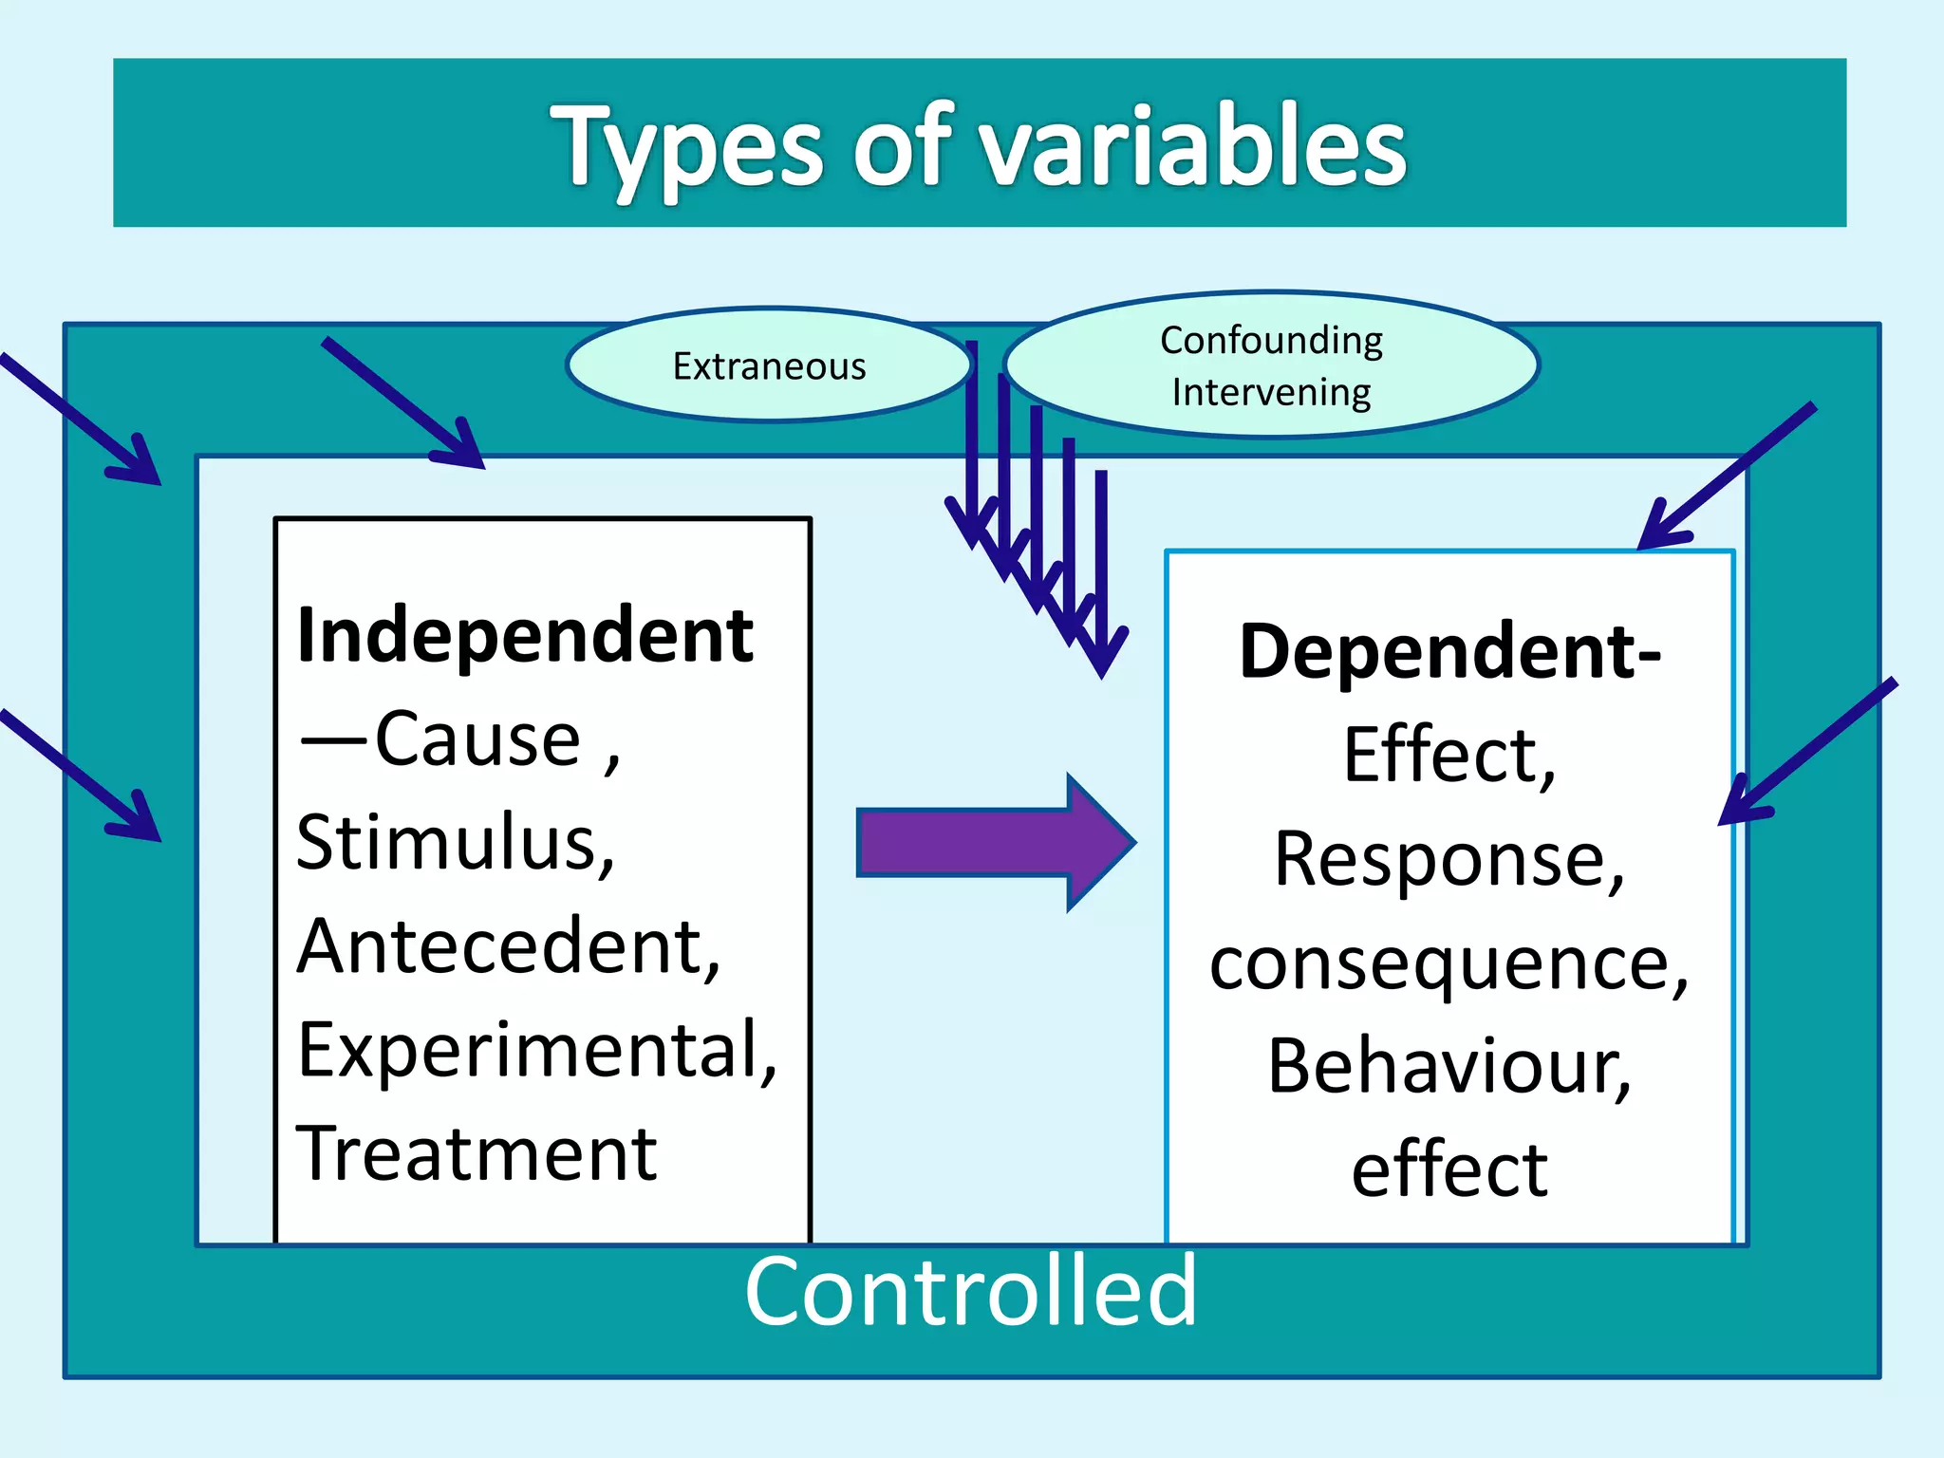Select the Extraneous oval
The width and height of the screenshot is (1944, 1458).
(x=769, y=365)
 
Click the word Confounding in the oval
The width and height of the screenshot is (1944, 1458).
(x=1271, y=340)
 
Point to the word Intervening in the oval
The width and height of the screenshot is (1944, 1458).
(x=1271, y=392)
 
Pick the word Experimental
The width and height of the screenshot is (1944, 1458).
(x=536, y=1050)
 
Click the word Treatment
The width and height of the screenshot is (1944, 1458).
(x=477, y=1153)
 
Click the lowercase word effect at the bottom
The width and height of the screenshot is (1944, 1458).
(x=1449, y=1169)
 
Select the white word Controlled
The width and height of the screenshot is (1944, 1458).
(x=970, y=1291)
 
